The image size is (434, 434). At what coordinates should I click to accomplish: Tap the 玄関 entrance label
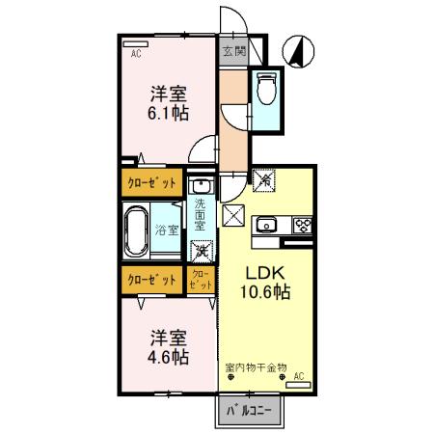[x=232, y=51]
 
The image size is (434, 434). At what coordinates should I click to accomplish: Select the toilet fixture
[x=267, y=93]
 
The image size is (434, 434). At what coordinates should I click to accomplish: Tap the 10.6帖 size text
[x=267, y=290]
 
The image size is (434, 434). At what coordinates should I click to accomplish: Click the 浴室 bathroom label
[x=167, y=230]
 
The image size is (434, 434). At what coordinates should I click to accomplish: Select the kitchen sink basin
[x=267, y=228]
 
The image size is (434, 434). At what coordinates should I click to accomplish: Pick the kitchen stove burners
[x=303, y=228]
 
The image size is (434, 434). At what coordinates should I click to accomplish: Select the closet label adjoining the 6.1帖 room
[x=151, y=182]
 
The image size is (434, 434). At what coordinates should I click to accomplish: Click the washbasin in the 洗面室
[x=200, y=184]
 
